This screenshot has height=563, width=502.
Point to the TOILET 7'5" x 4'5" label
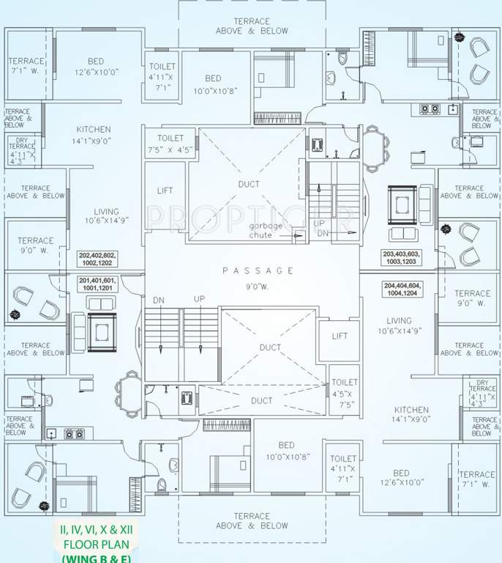pos(170,144)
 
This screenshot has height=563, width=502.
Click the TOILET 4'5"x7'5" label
pos(345,393)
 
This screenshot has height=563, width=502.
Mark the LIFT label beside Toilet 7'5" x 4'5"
pos(165,191)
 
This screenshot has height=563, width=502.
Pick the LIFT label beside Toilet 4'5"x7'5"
pos(340,336)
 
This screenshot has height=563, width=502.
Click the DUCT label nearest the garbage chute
pos(248,184)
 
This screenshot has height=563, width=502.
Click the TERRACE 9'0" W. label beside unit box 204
pos(472,298)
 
